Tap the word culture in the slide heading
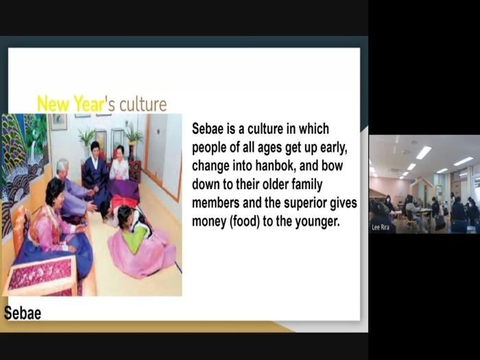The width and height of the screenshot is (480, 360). coord(143,105)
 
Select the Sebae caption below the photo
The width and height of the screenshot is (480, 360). coord(23,313)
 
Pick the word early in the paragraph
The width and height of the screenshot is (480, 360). coord(334,148)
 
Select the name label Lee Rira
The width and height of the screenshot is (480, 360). coord(381,227)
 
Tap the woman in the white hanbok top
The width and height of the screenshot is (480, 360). coord(119,165)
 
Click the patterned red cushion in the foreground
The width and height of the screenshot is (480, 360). coord(40,275)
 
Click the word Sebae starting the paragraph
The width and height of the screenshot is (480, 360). coord(208,129)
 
